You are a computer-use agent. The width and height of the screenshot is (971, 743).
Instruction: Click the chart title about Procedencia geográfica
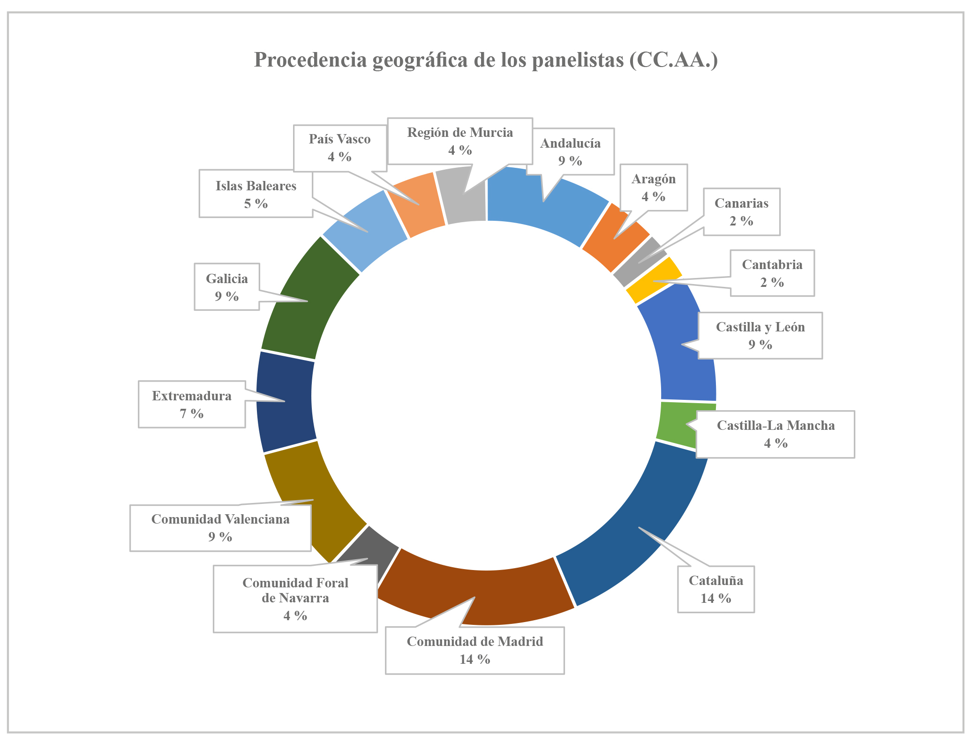click(x=486, y=60)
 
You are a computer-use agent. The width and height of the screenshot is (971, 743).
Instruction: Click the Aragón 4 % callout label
click(x=654, y=188)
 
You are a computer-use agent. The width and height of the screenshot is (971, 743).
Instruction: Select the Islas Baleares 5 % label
click(x=256, y=194)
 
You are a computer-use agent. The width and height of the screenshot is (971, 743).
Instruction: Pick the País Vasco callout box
click(x=340, y=148)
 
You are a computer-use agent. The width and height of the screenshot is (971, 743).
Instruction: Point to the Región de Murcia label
click(x=460, y=141)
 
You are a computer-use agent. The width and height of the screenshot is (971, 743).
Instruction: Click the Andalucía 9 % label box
click(x=570, y=152)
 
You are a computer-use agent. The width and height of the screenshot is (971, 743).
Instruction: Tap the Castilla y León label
click(x=760, y=336)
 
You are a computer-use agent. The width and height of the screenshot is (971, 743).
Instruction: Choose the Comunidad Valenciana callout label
click(x=220, y=528)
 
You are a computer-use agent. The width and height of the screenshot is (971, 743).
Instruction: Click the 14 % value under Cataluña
click(x=716, y=598)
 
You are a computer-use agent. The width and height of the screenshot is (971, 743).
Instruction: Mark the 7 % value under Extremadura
click(x=192, y=413)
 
